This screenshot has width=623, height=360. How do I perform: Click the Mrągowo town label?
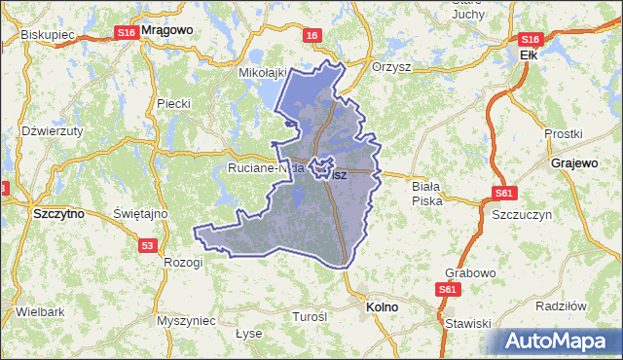167,30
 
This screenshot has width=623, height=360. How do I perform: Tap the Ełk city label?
529,56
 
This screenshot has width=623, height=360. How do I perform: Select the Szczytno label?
58,212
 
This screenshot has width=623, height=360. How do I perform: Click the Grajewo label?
573,162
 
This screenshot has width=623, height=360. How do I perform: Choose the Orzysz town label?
392,68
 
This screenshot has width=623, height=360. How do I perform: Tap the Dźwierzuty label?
53,129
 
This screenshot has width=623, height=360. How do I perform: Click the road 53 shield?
147,246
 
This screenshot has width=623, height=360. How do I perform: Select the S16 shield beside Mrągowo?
126,32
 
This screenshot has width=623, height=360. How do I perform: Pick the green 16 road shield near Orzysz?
311,36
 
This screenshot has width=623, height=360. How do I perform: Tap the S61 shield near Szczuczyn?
503,193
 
